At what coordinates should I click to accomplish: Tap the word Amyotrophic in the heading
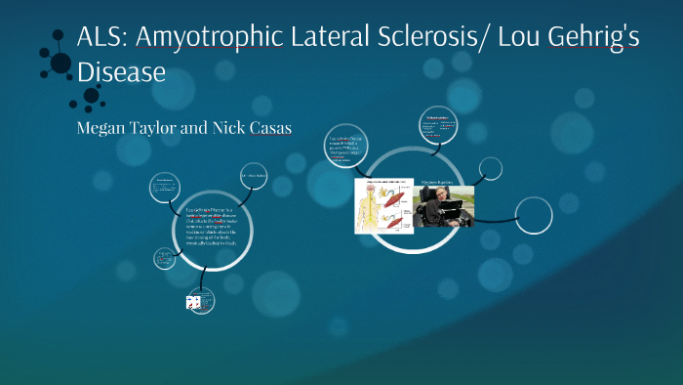210,37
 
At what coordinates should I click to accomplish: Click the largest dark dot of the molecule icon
60,64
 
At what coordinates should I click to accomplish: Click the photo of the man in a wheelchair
443,205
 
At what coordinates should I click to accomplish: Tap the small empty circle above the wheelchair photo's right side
491,169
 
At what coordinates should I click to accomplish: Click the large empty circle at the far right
533,215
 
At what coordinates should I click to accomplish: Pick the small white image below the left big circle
193,303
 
